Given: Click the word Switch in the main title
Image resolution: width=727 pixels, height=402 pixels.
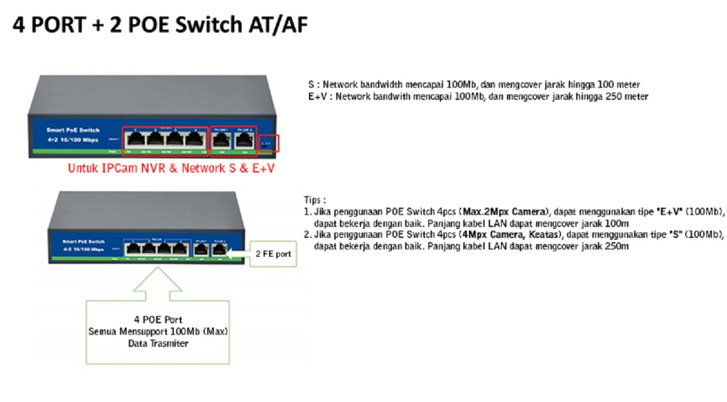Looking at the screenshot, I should click(204, 26).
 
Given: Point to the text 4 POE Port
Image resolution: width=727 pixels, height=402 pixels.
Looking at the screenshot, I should click(158, 320).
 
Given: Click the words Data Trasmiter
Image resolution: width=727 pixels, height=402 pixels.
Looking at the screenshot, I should click(158, 344).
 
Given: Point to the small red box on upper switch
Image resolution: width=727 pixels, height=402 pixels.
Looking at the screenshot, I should click(268, 143).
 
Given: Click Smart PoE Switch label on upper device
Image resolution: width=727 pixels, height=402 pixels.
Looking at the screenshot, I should click(73, 131).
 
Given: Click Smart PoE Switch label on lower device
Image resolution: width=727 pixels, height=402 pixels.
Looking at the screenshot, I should click(83, 242).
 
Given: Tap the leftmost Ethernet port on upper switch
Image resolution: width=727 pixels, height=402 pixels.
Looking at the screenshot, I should click(134, 139).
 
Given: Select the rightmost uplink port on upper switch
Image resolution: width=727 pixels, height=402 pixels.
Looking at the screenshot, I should click(244, 140).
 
